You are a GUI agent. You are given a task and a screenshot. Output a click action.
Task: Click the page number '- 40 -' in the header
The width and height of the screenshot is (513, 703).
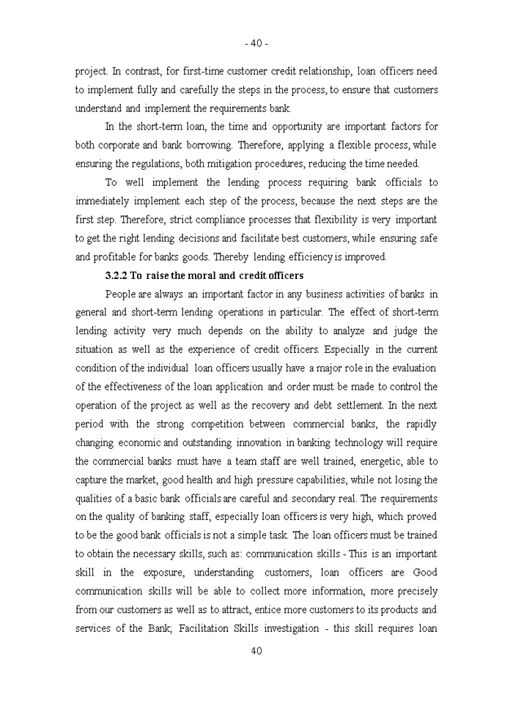[x=256, y=43]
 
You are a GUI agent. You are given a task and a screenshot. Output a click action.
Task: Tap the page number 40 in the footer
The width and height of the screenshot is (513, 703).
[x=256, y=651]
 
